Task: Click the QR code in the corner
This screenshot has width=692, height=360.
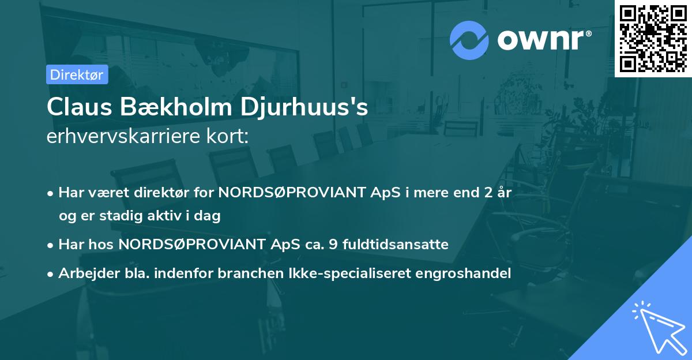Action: pos(653,39)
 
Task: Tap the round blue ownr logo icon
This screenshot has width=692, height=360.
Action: pos(469,40)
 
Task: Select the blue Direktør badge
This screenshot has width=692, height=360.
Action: pos(77,74)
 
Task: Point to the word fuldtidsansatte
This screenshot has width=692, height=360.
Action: pos(395,244)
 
